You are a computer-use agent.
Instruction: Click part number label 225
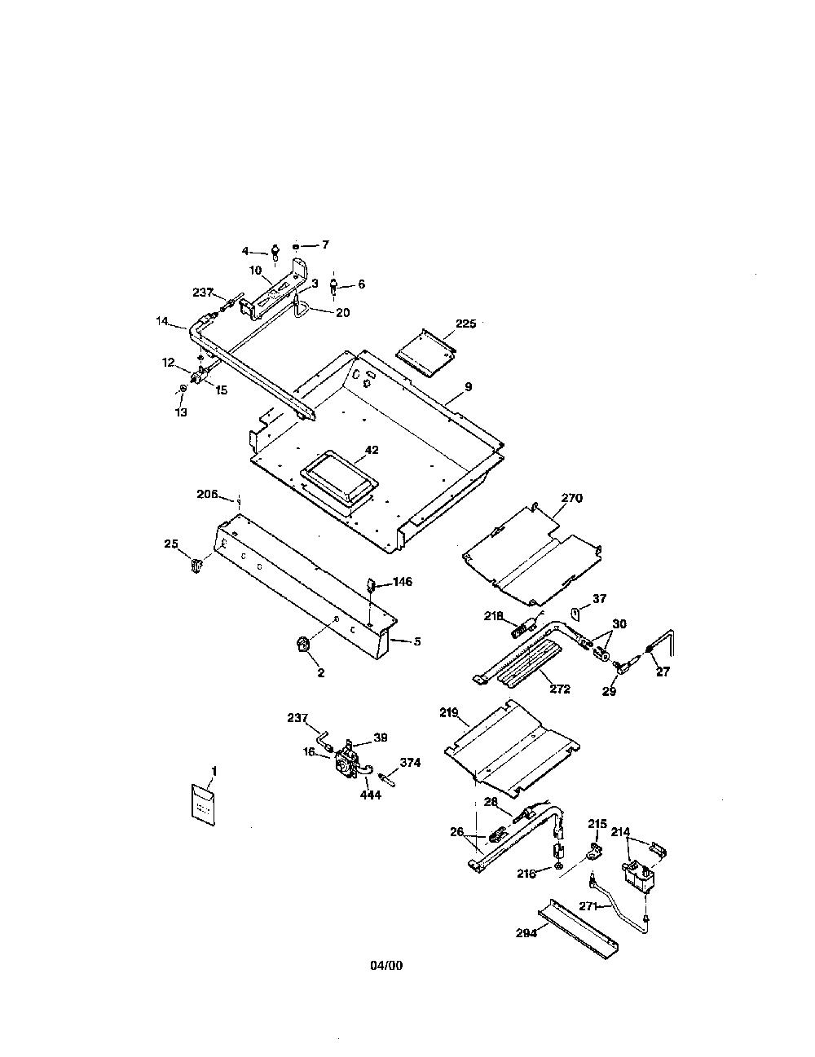click(x=465, y=324)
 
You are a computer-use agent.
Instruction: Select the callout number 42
click(x=371, y=450)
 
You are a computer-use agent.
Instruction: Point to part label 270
click(x=572, y=498)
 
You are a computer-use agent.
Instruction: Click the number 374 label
click(x=410, y=763)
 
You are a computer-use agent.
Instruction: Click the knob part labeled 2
click(x=302, y=645)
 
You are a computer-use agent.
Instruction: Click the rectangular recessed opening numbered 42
click(x=339, y=479)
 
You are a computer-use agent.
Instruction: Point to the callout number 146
click(x=402, y=582)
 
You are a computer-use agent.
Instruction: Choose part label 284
click(x=526, y=933)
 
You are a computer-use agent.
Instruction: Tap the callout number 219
click(x=448, y=712)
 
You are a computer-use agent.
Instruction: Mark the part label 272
click(x=559, y=689)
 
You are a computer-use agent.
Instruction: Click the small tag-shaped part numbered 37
click(x=575, y=614)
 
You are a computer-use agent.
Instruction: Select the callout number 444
click(x=371, y=795)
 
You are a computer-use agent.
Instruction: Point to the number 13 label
click(x=181, y=412)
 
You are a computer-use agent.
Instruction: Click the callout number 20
click(x=343, y=312)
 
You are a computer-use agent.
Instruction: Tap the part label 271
click(x=588, y=906)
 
